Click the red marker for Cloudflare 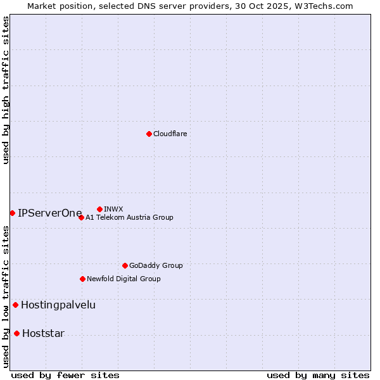pos(149,134)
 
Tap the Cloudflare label pos(170,134)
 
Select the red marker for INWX pos(99,209)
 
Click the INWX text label pos(113,210)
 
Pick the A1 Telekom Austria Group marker pos(81,217)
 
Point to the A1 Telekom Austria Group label pos(129,218)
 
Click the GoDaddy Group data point pos(125,265)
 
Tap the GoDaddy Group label pos(156,266)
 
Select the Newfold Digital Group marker pos(82,279)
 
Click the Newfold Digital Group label pos(123,279)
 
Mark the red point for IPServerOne pos(12,213)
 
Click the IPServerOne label pos(50,213)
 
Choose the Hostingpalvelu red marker pos(15,305)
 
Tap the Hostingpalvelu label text pos(58,305)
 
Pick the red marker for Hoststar pos(16,333)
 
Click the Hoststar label pos(43,334)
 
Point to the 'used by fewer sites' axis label pos(65,375)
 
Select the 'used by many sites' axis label pos(318,375)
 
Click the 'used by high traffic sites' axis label pos(6,90)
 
